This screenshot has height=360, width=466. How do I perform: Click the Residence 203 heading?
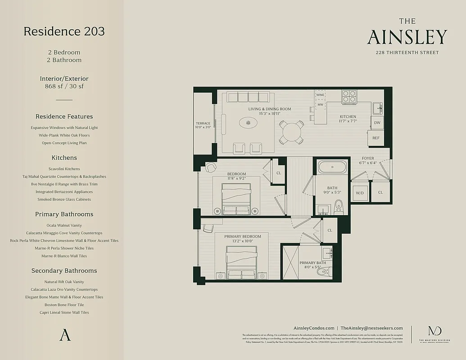[64, 31]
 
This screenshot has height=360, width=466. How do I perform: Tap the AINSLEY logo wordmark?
[407, 37]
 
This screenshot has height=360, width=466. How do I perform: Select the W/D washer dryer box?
[360, 193]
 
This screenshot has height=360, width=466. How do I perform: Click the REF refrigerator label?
[376, 139]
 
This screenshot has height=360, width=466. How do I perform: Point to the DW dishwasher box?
[377, 122]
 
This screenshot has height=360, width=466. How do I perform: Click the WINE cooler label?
[320, 95]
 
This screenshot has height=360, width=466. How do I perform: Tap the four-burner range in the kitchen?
[349, 96]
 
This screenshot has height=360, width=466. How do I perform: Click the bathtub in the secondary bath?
[332, 168]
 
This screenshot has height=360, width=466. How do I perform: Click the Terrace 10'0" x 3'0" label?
[203, 125]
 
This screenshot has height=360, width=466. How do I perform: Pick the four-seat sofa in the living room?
[248, 97]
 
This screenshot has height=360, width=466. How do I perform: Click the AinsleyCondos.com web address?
[313, 328]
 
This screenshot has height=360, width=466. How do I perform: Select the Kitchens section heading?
[64, 157]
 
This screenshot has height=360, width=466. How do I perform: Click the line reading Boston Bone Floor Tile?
[64, 305]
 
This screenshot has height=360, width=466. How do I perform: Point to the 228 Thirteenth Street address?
[407, 53]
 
